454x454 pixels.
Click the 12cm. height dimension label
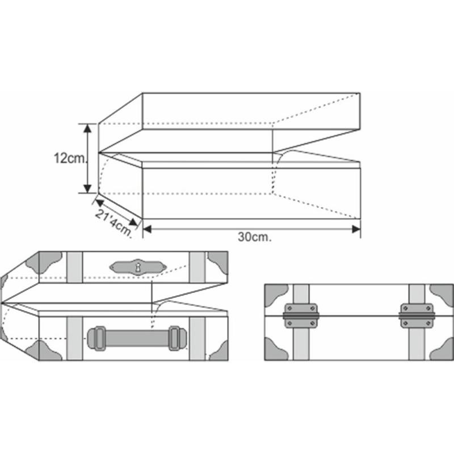point(70,158)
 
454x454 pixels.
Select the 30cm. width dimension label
point(255,237)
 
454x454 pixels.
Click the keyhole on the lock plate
point(138,267)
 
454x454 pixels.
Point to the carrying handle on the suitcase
point(137,338)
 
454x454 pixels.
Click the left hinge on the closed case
point(301,316)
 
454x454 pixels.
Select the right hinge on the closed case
point(417,316)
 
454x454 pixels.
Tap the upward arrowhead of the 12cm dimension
point(87,128)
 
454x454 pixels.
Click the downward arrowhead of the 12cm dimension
point(87,188)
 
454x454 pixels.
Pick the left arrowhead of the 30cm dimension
point(148,229)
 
